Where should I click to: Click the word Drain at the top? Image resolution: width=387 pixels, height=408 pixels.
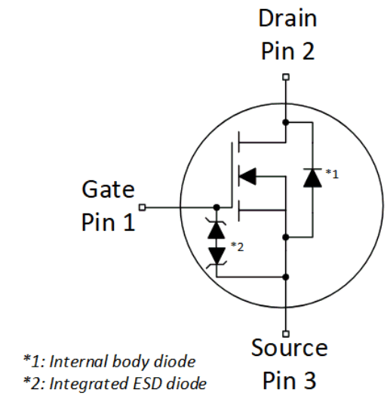click(x=287, y=17)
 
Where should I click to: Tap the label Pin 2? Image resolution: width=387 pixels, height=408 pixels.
click(x=287, y=51)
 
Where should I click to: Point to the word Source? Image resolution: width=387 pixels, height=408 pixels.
click(x=290, y=348)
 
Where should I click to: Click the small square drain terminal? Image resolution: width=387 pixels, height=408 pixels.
click(x=285, y=76)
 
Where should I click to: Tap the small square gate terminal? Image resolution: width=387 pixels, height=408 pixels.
click(x=142, y=207)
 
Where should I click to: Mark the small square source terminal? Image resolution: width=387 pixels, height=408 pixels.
click(x=285, y=333)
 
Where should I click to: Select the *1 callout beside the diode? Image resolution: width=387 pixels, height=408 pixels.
click(x=332, y=173)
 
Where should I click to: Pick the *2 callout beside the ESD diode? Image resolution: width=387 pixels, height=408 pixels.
click(x=237, y=247)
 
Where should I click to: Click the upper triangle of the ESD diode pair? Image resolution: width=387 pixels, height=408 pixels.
click(x=217, y=226)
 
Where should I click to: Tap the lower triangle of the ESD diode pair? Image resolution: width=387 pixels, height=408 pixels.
click(x=217, y=254)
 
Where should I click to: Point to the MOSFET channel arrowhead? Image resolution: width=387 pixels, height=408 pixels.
click(x=247, y=176)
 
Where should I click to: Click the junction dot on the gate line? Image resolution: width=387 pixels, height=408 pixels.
click(x=217, y=207)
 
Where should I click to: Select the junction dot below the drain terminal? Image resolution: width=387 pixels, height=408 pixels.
click(x=285, y=121)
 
